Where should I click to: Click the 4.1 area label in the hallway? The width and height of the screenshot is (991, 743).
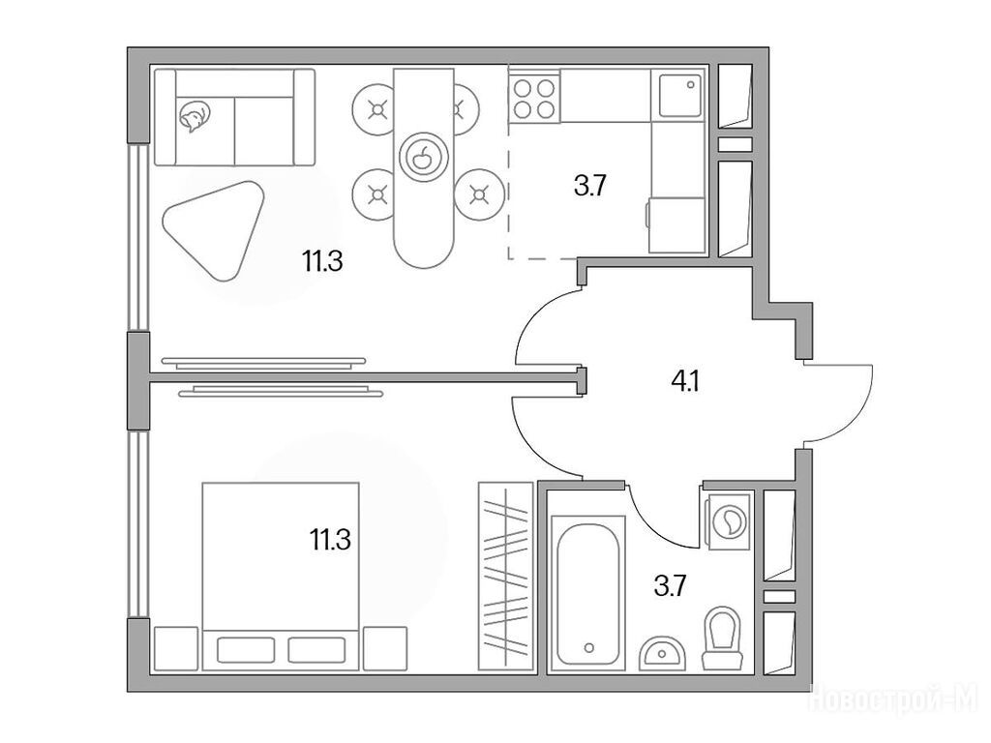(x=685, y=381)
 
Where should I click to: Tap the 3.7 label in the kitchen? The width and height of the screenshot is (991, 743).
(x=590, y=187)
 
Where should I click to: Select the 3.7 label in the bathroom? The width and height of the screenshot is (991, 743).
(x=670, y=586)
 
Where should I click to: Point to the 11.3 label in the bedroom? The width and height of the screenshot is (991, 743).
(x=330, y=540)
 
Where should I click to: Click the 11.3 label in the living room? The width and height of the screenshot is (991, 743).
(x=322, y=261)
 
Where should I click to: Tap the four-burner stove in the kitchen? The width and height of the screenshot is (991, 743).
(x=534, y=99)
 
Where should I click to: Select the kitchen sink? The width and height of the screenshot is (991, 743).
(x=680, y=95)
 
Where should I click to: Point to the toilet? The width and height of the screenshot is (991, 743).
(x=722, y=639)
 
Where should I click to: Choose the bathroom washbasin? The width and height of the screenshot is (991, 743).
(x=662, y=653)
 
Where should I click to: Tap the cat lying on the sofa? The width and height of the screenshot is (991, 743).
(x=194, y=117)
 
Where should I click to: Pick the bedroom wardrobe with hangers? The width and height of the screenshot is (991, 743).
(x=505, y=576)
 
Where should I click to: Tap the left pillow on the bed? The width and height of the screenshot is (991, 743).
(x=246, y=649)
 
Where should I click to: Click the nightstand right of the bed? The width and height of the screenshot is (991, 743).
(x=385, y=648)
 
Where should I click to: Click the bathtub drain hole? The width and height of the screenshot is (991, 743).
(x=589, y=647)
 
